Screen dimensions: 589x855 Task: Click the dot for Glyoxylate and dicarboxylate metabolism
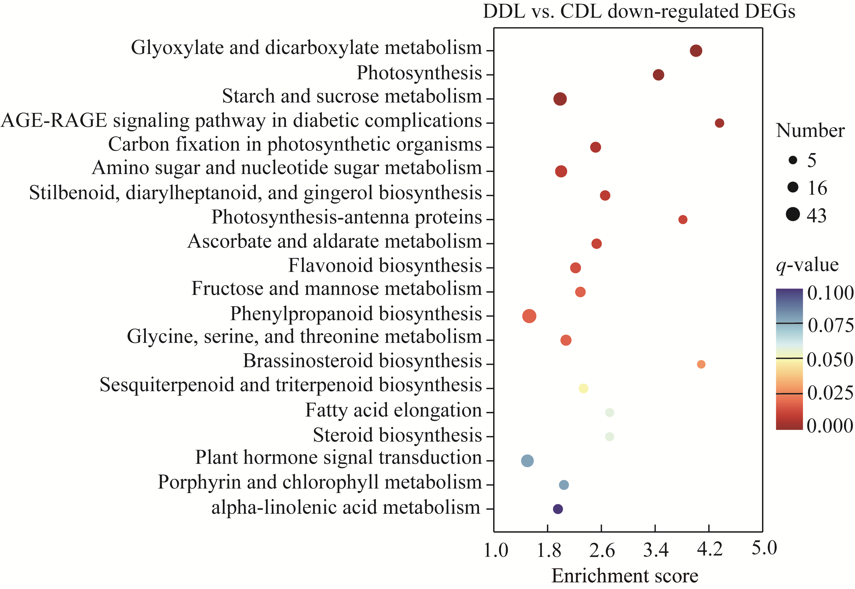pos(696,51)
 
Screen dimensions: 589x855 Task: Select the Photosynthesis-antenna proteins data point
pos(683,220)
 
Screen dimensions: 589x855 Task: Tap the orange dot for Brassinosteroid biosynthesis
pos(701,364)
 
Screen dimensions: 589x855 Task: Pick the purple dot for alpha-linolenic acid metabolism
pos(558,509)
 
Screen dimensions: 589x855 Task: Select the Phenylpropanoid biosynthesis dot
pos(529,316)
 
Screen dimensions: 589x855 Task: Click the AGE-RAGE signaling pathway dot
pos(719,123)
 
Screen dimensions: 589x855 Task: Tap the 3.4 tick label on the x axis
pos(656,550)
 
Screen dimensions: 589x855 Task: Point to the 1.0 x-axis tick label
pos(496,550)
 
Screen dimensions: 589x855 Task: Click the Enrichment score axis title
pos(625,576)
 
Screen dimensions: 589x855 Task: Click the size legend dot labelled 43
pos(793,214)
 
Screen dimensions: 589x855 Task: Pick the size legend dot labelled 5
pos(793,160)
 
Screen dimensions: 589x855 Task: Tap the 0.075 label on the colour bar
pos(830,325)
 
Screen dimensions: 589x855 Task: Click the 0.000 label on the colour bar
pos(829,426)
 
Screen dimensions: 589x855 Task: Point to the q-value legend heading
pos(807,265)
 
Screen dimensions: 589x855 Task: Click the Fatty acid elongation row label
pos(393,410)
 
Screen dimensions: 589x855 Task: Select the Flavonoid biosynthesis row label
pos(385,266)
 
